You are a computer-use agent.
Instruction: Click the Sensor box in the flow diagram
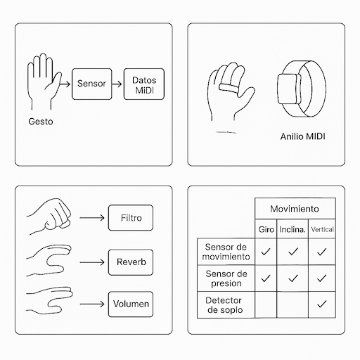click(91, 84)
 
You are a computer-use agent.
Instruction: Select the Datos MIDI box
click(144, 84)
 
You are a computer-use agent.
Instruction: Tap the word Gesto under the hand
click(41, 122)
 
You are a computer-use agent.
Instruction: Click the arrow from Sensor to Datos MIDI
click(117, 84)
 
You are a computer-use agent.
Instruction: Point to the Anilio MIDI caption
click(302, 136)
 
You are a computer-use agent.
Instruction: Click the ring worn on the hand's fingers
click(229, 88)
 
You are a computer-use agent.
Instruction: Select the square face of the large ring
click(289, 89)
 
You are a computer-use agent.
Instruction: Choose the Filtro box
click(131, 218)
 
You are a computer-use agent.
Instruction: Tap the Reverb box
click(131, 262)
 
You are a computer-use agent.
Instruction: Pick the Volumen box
click(131, 304)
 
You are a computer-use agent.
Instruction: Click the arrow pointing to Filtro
click(92, 218)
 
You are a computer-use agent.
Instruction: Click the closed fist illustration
click(49, 216)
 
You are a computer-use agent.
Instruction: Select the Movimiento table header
click(295, 208)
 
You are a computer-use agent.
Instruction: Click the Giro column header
click(266, 229)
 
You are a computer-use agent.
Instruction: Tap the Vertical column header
click(322, 229)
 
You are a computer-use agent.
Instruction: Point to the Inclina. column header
click(292, 229)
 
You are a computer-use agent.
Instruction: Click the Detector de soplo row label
click(225, 305)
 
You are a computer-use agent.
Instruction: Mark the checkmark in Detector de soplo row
click(322, 304)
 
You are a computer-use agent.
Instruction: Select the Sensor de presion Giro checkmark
click(266, 278)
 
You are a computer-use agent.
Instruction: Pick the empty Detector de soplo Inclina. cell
click(292, 304)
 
